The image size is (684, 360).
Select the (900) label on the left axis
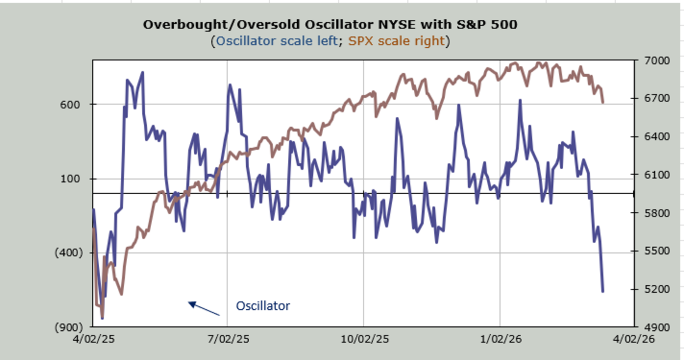coord(68,328)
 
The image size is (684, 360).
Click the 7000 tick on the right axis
coord(655,60)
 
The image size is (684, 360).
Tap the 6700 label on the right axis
coord(655,99)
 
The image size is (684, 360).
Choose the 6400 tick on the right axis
coord(655,137)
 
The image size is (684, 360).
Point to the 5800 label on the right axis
coord(655,213)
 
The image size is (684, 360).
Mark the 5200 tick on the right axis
coord(655,289)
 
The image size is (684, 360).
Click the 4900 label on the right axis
coord(655,328)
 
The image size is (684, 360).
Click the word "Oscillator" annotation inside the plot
coord(263,306)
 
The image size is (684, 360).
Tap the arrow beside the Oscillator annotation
coord(203,308)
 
